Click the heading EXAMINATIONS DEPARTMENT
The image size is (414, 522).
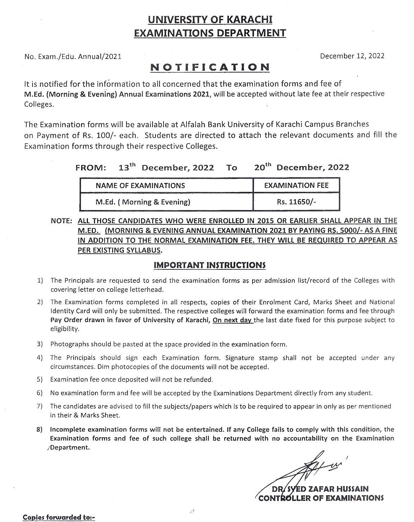click(x=210, y=33)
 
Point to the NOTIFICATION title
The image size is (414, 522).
click(x=210, y=67)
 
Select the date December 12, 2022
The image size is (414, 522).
click(x=352, y=56)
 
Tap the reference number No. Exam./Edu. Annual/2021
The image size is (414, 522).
click(x=73, y=56)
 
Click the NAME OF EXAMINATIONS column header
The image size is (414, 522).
click(x=140, y=185)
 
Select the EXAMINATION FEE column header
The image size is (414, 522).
click(x=296, y=185)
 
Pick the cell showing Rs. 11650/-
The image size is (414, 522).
click(x=296, y=202)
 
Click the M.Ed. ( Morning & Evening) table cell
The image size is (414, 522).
click(x=143, y=202)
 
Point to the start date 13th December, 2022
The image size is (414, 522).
click(x=166, y=167)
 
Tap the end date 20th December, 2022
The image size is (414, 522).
click(x=301, y=167)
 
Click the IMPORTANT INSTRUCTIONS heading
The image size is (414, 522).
click(x=210, y=265)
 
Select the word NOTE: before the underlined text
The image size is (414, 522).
click(x=61, y=221)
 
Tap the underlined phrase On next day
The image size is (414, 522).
click(x=233, y=320)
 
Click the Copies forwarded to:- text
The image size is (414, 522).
click(x=59, y=517)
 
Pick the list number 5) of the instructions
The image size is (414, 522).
click(x=40, y=379)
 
